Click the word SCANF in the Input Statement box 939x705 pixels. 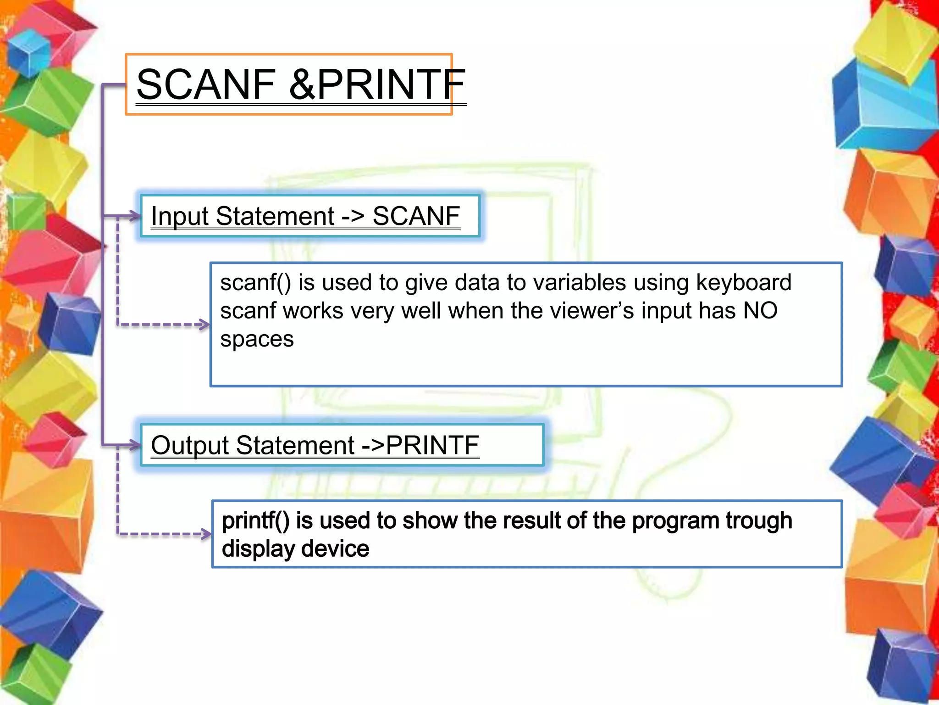pyautogui.click(x=416, y=216)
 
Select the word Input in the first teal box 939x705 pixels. pyautogui.click(x=180, y=216)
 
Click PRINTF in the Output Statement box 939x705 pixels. pyautogui.click(x=432, y=445)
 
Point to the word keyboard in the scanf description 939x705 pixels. pyautogui.click(x=743, y=282)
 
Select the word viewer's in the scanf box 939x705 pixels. pyautogui.click(x=591, y=311)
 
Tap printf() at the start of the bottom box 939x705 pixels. pyautogui.click(x=255, y=520)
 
